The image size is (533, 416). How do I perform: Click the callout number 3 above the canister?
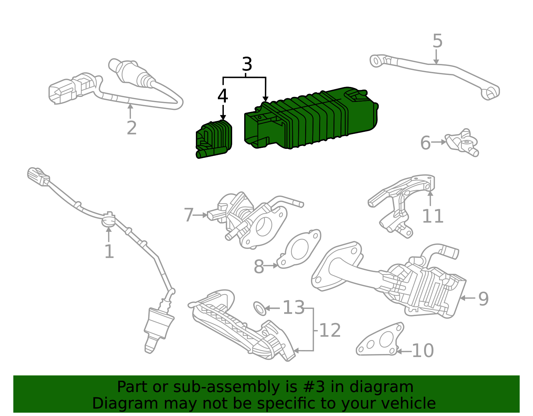coord(247,64)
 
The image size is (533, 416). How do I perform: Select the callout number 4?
coord(223,96)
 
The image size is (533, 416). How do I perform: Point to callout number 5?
coord(437,41)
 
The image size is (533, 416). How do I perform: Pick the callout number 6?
coord(425,143)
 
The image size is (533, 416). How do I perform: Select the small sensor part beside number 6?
coord(463,143)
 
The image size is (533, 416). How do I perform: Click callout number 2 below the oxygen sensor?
coord(132,128)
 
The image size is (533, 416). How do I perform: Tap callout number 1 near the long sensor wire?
coord(109,251)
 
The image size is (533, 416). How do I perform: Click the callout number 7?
coord(189,215)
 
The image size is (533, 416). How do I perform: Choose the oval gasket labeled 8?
coord(299,249)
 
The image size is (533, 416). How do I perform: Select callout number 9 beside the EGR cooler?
coord(483,299)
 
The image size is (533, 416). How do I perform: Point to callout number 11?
coord(433,216)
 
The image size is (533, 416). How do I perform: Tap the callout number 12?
coord(330,330)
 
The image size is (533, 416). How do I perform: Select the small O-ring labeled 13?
coord(260,308)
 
